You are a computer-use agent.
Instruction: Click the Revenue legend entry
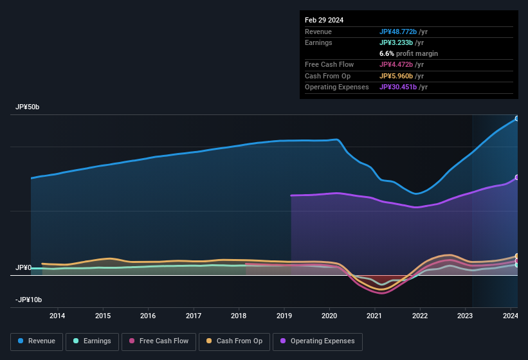(x=37, y=341)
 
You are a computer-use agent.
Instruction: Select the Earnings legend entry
(x=93, y=341)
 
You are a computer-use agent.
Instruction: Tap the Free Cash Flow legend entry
(x=159, y=341)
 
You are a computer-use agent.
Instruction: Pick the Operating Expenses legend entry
(x=317, y=341)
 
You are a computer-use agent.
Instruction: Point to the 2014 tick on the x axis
(x=57, y=316)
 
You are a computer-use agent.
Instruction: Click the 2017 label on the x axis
(x=194, y=316)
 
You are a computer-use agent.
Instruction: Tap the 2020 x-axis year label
(x=329, y=316)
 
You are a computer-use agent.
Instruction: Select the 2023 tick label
(x=465, y=316)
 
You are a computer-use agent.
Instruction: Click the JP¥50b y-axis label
(x=28, y=107)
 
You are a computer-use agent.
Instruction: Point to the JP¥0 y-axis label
(x=24, y=267)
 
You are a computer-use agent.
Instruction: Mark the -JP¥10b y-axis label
(x=28, y=300)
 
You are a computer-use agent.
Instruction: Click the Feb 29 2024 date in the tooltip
(x=324, y=20)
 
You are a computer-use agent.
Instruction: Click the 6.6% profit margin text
(x=408, y=53)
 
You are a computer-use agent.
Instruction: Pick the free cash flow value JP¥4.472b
(x=399, y=64)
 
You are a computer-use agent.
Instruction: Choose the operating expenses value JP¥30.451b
(x=402, y=87)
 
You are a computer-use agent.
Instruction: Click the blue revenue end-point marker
(x=517, y=119)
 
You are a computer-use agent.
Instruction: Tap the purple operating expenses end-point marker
(x=517, y=177)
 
